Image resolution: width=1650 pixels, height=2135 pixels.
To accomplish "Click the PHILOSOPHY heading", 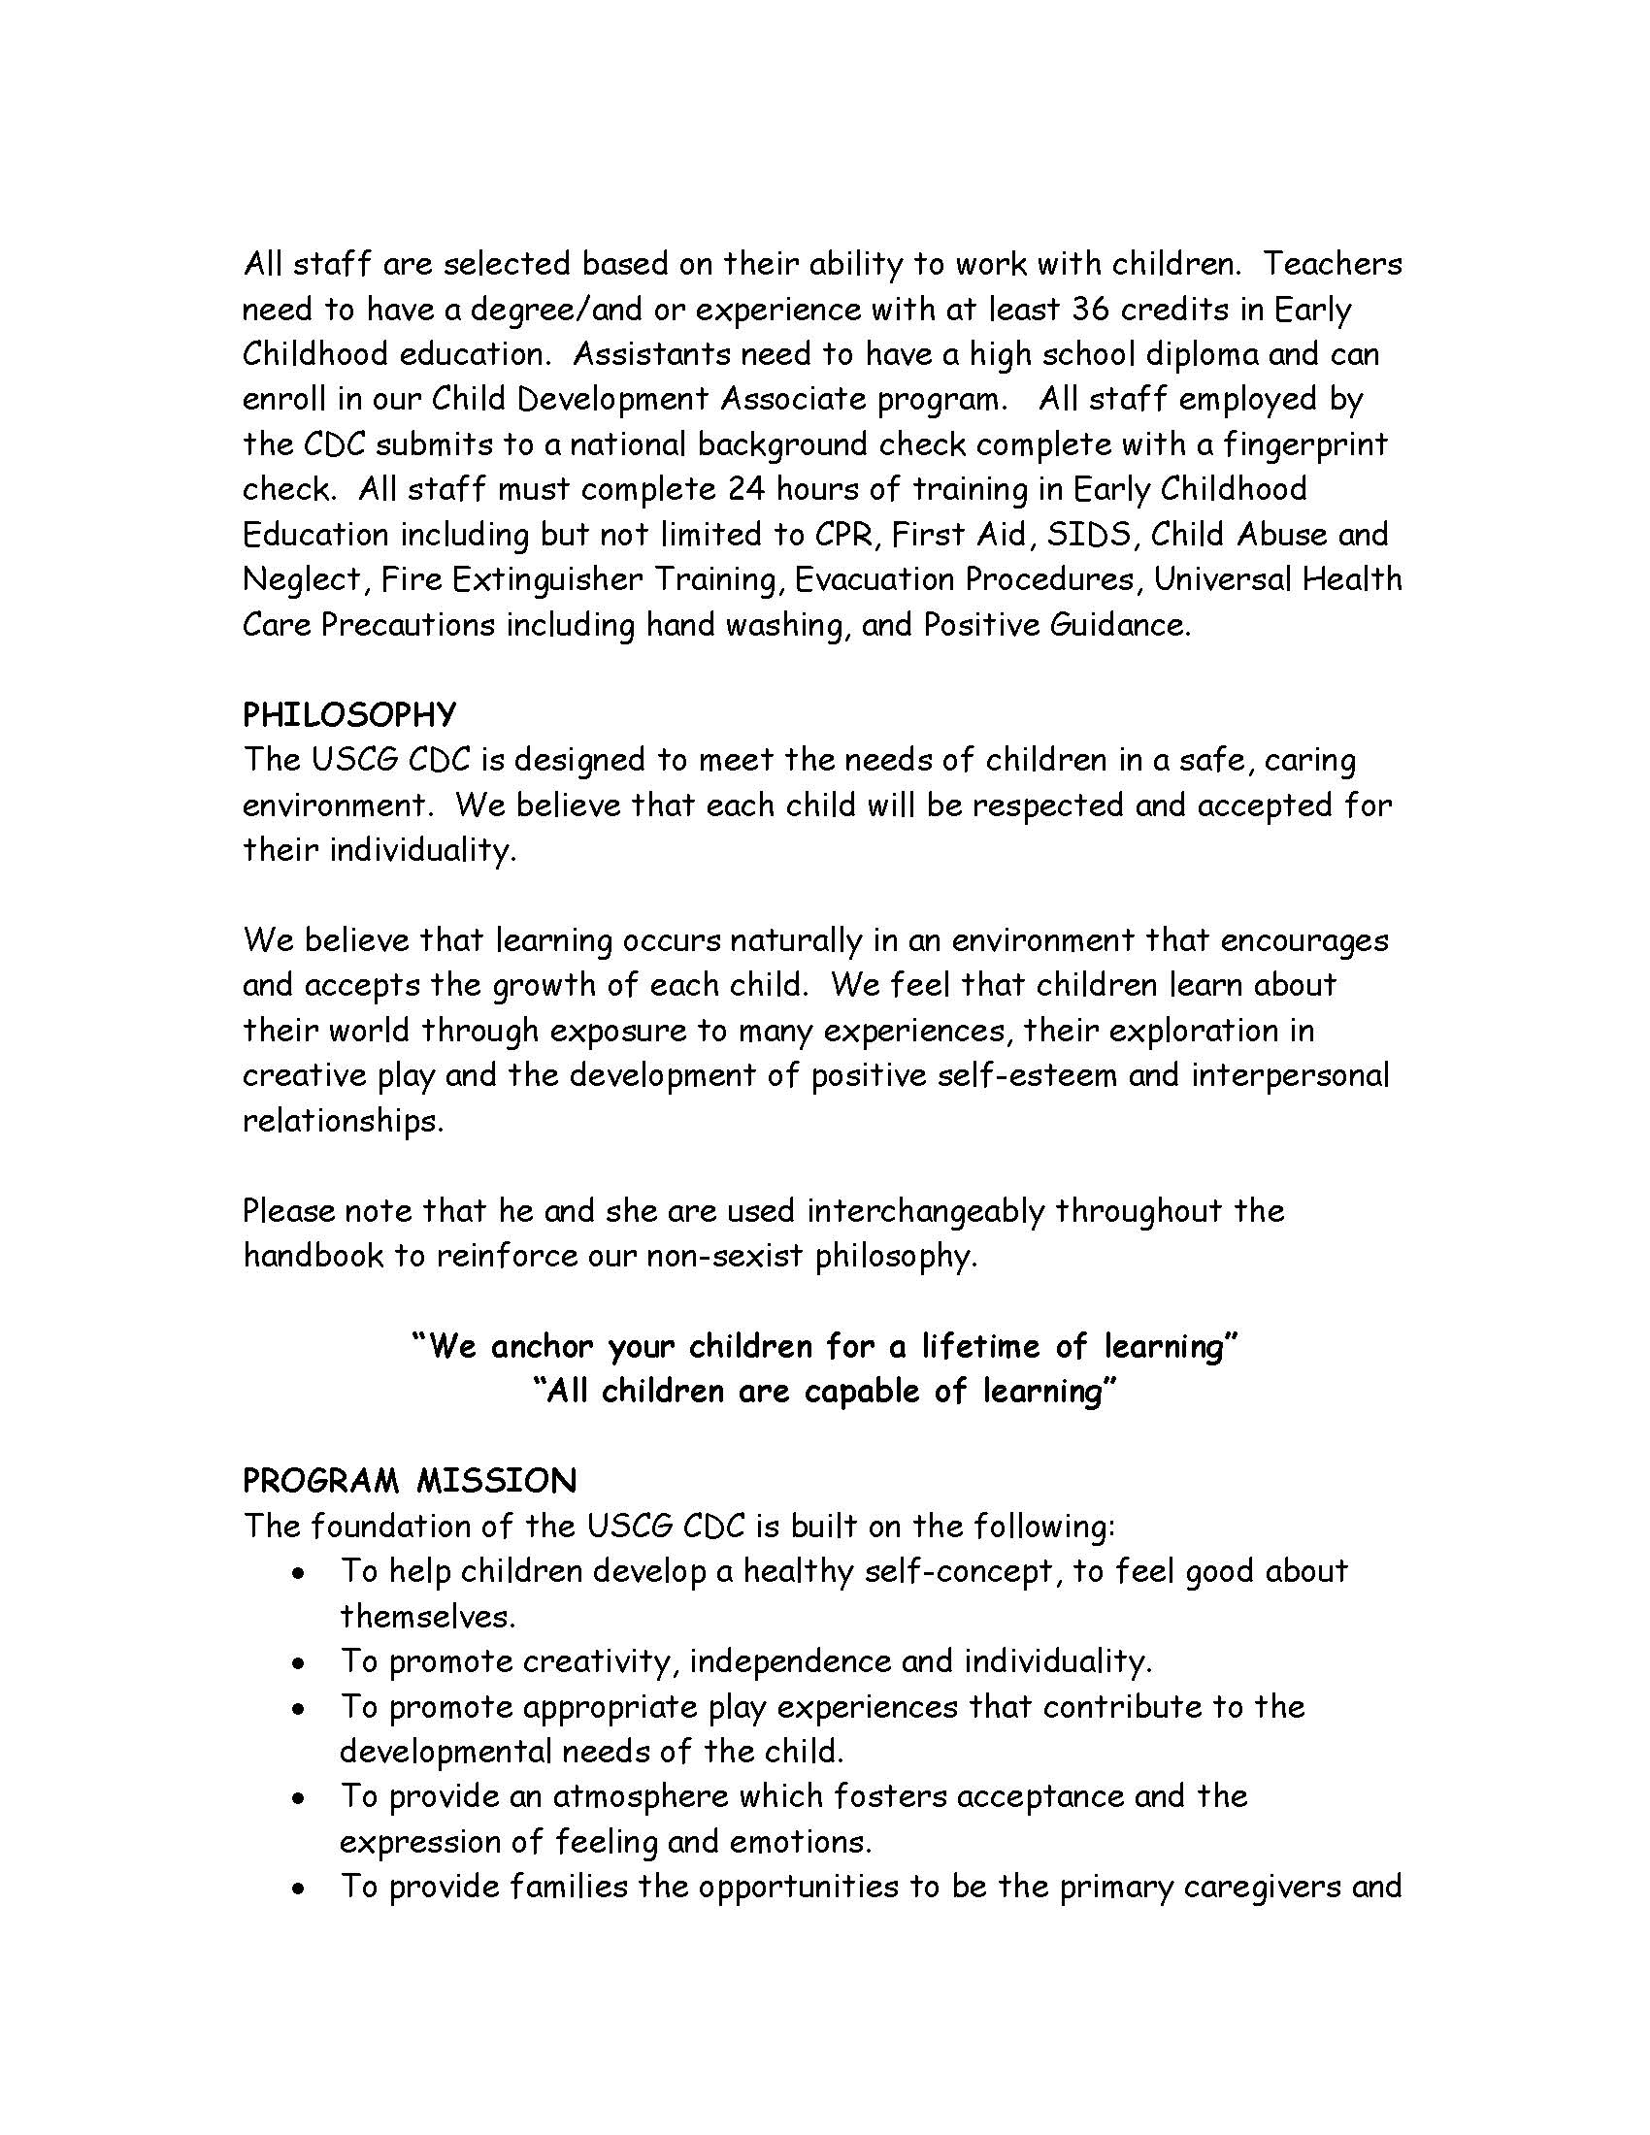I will click(x=349, y=715).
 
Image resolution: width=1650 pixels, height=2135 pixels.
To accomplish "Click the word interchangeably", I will click(x=925, y=1211).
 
